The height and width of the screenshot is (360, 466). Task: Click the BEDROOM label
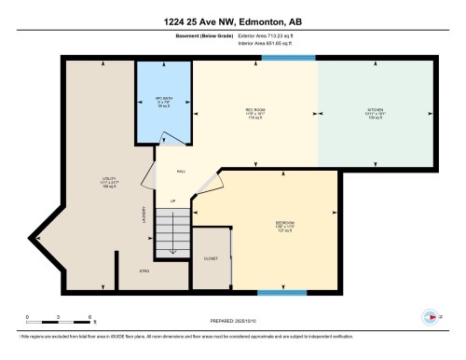[x=286, y=226]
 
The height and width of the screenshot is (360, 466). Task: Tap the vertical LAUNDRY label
[x=143, y=219]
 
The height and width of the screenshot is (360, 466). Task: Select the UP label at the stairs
[x=172, y=201]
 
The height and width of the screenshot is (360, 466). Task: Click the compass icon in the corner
[x=430, y=317]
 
